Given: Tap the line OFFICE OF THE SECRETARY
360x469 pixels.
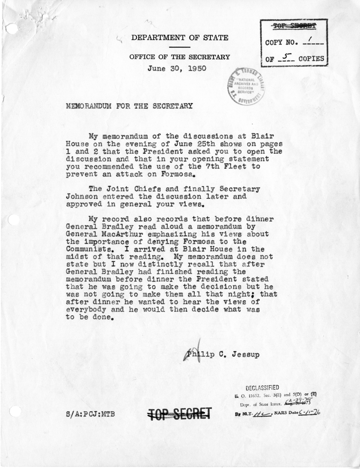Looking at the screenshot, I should tap(180, 57).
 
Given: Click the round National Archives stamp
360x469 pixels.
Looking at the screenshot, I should tap(246, 85).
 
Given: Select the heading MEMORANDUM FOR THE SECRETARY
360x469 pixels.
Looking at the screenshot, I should tap(130, 106).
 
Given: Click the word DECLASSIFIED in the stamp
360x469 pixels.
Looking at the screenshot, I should tap(263, 387).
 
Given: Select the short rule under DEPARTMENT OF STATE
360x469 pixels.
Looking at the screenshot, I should tap(180, 47).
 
